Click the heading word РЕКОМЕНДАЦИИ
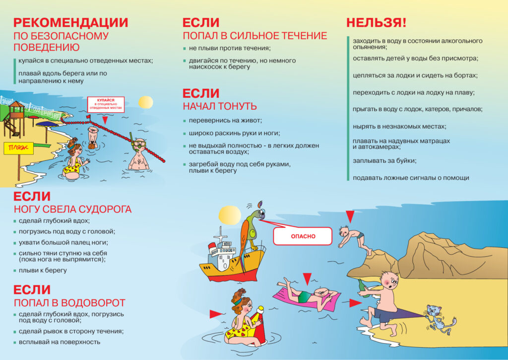70,23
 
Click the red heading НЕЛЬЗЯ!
376,23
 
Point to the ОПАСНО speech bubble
303,236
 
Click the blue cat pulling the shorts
439,318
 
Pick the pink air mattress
306,298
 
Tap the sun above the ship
230,215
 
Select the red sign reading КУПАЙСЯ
106,104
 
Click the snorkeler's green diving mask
140,145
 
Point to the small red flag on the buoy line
88,116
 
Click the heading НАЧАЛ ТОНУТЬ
220,106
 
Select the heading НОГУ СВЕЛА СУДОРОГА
72,209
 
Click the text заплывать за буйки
384,160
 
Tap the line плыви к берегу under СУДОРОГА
43,270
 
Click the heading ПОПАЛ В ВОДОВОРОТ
69,302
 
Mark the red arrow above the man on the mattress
307,278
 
